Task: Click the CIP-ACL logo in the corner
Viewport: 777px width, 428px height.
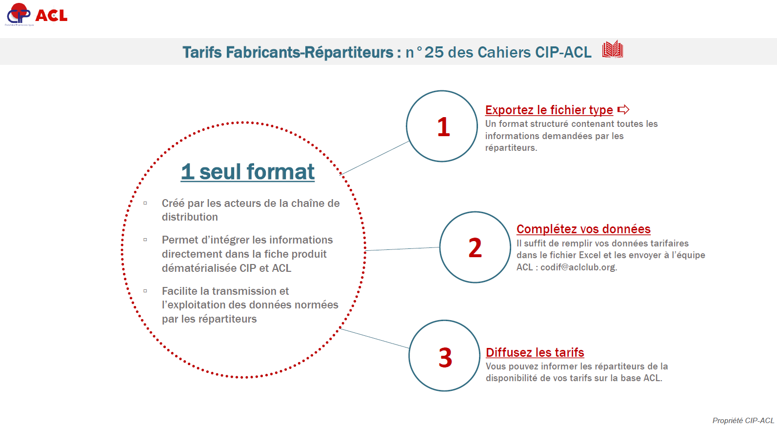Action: (x=37, y=15)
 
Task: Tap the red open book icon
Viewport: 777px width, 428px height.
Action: (x=613, y=50)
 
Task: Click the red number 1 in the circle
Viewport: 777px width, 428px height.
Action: (x=443, y=127)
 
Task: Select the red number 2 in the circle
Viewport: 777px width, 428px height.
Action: (x=475, y=248)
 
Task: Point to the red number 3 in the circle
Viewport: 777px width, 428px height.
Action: (x=445, y=358)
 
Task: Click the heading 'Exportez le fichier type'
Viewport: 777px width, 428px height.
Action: (x=549, y=110)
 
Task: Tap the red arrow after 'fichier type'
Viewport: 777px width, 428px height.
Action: (x=623, y=110)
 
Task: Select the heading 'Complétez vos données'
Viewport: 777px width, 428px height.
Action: (x=583, y=229)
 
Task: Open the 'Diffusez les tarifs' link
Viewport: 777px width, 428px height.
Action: (x=535, y=352)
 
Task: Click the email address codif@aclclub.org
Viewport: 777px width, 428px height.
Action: (x=578, y=267)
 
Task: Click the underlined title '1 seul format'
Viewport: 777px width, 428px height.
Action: (x=248, y=171)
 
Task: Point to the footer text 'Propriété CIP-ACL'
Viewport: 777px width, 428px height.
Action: (x=743, y=421)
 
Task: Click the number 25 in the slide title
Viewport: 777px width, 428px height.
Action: (x=434, y=52)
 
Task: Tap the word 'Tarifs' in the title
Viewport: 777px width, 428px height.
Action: (x=202, y=52)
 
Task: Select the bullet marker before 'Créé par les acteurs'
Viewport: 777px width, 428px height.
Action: (x=145, y=203)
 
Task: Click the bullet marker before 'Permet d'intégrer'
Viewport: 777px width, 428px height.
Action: (x=145, y=240)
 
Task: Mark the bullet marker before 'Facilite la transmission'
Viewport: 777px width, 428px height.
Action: (x=145, y=291)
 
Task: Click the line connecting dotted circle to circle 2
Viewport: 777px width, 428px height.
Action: (x=402, y=249)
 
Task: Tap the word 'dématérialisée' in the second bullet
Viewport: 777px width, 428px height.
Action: (x=199, y=268)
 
